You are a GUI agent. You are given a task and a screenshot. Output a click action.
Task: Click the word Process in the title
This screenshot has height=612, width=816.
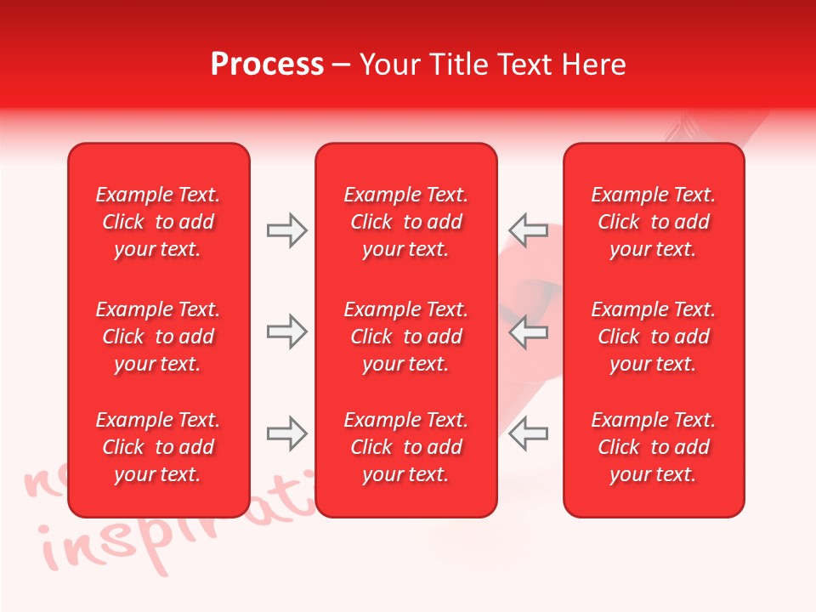click(x=267, y=65)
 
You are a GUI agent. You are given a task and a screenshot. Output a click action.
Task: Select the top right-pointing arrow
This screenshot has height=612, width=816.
click(x=287, y=230)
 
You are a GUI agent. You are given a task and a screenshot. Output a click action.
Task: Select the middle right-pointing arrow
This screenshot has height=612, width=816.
click(x=287, y=331)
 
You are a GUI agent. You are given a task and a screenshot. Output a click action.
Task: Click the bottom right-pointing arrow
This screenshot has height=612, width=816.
click(x=287, y=433)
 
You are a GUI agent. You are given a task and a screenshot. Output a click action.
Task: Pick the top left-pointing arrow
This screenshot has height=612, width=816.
click(x=528, y=230)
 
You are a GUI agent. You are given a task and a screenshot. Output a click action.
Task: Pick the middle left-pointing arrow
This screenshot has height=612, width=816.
click(x=528, y=331)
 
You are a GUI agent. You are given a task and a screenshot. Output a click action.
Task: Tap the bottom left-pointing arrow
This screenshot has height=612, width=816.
click(x=528, y=433)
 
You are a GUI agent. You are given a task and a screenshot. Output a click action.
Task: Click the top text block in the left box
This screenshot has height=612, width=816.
click(x=158, y=222)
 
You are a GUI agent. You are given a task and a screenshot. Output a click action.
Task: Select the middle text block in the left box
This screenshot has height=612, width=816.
click(x=158, y=337)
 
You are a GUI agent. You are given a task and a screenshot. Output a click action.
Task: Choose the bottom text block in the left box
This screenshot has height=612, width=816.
click(x=158, y=447)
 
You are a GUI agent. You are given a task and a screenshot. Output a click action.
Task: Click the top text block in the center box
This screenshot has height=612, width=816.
click(x=405, y=222)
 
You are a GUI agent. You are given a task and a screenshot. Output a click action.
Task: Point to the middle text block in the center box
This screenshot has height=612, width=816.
click(x=405, y=337)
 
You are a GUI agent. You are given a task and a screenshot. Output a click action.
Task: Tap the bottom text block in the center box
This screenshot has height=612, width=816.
click(x=405, y=447)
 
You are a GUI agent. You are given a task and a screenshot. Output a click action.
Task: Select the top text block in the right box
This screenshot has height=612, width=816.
click(x=654, y=222)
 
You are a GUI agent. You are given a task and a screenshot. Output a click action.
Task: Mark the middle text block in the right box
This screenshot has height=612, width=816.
click(x=654, y=337)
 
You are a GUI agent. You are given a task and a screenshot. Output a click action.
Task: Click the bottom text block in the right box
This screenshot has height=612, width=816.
click(x=654, y=447)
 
